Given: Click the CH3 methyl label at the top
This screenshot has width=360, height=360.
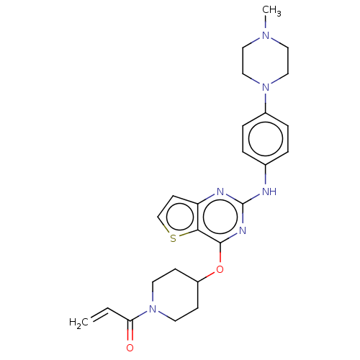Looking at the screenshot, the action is coord(271,11).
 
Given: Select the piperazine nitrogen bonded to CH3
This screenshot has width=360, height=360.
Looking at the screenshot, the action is coord(266,35).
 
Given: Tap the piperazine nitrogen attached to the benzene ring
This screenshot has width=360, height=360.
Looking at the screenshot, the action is coord(266,87).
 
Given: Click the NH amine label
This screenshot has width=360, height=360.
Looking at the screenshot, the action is coord(269,192).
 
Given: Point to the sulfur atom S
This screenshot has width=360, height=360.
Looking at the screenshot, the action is coord(173,238).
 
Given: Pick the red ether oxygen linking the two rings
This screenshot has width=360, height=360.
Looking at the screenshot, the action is coord(220,269).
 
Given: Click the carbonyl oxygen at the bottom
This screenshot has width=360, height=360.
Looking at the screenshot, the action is coord(130,348).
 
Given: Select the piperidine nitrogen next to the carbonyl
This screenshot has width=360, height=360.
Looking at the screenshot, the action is coord(153,309).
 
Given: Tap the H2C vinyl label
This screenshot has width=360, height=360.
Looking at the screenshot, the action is coord(78,323).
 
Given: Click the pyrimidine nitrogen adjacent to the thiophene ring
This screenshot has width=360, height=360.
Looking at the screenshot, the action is coord(220,192).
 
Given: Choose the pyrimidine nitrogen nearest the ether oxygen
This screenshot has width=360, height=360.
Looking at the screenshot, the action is coord(243,230).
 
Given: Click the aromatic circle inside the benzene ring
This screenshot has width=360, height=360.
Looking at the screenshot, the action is coord(266,121).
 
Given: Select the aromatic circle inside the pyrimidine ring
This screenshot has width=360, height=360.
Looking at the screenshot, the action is coord(220,200).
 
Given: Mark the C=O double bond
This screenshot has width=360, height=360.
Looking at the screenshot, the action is coord(130,330).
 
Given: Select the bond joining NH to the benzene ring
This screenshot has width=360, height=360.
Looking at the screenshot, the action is coord(266,174).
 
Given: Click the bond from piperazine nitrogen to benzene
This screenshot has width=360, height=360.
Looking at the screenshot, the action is coord(266,103).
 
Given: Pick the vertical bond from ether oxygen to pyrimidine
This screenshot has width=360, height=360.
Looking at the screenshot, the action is coord(220,253).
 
